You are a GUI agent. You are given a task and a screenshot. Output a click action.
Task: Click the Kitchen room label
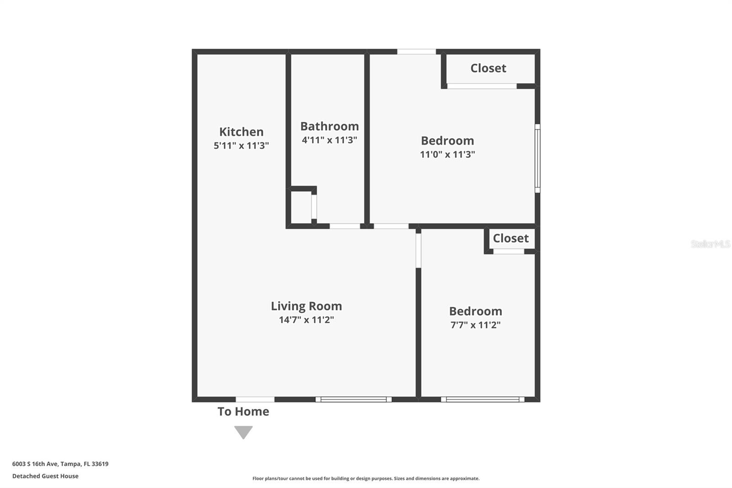click(241, 132)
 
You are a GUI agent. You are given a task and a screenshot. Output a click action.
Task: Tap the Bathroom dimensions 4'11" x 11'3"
click(329, 140)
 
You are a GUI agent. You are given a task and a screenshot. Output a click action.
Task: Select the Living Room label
click(306, 306)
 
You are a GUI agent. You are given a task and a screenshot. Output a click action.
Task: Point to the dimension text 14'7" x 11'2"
click(306, 320)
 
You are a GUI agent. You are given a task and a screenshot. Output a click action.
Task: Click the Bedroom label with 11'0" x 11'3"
click(447, 141)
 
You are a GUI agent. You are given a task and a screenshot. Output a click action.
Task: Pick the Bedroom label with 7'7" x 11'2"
click(475, 311)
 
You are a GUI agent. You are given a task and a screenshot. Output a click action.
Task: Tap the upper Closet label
click(488, 68)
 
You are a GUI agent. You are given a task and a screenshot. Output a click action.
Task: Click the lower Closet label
click(511, 238)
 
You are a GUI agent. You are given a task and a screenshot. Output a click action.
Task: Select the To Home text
click(243, 412)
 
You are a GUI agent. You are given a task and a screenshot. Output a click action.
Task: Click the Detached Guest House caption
click(45, 476)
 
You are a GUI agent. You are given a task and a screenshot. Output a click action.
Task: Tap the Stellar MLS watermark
click(710, 244)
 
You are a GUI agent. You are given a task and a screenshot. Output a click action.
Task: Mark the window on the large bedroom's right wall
click(538, 158)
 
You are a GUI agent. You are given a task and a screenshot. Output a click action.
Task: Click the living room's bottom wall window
click(353, 400)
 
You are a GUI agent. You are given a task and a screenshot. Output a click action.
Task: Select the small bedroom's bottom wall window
click(483, 400)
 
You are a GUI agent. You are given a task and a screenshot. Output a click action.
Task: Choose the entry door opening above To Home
click(255, 400)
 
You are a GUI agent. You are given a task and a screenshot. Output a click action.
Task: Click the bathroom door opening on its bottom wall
click(345, 226)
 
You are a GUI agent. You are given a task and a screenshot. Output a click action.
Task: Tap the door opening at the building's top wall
click(416, 52)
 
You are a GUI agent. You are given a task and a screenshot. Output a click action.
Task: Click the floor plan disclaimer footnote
click(366, 478)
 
